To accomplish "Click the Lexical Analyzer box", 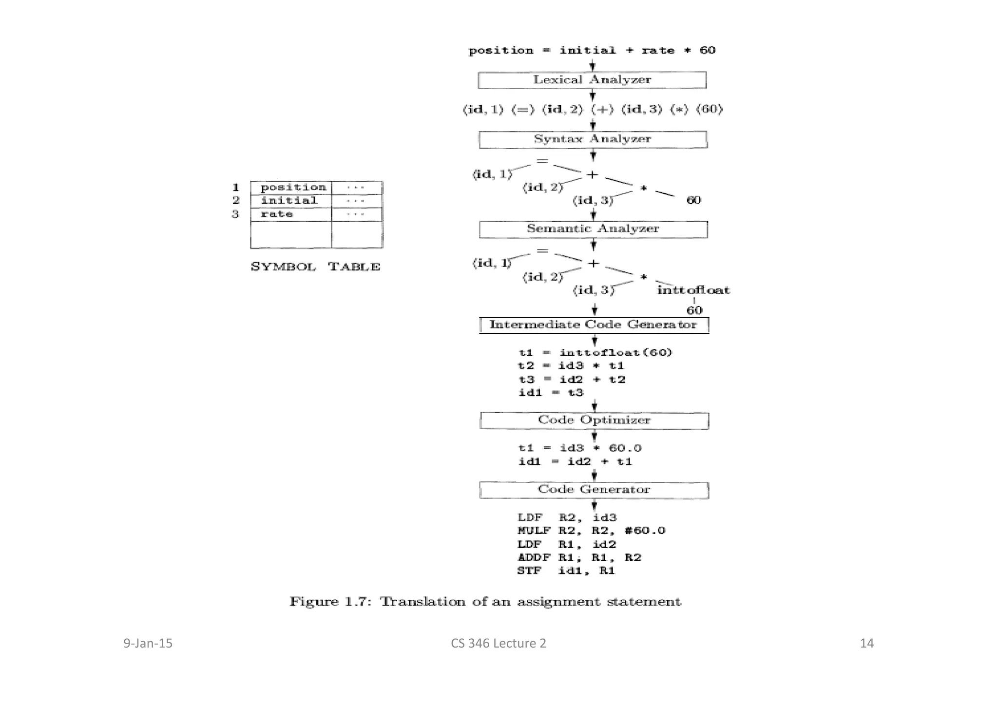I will [592, 80].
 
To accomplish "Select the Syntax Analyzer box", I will [593, 139].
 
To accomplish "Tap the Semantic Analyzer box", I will [593, 229].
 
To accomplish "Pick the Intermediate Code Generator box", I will [594, 325].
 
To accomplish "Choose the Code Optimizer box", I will [594, 420].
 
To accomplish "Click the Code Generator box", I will [594, 490].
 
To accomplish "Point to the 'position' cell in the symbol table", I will [292, 188].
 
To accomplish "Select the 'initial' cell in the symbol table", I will [289, 201].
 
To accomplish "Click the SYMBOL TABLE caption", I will [315, 267].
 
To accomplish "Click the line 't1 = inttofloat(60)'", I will [595, 353].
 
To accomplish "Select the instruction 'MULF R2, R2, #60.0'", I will [591, 531].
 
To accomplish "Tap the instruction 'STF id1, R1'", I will [566, 571].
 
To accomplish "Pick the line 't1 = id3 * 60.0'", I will [579, 448].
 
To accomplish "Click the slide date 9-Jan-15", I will [148, 644].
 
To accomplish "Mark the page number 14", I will [866, 644].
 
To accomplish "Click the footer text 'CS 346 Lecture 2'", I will [498, 644].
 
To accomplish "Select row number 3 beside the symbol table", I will [235, 214].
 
